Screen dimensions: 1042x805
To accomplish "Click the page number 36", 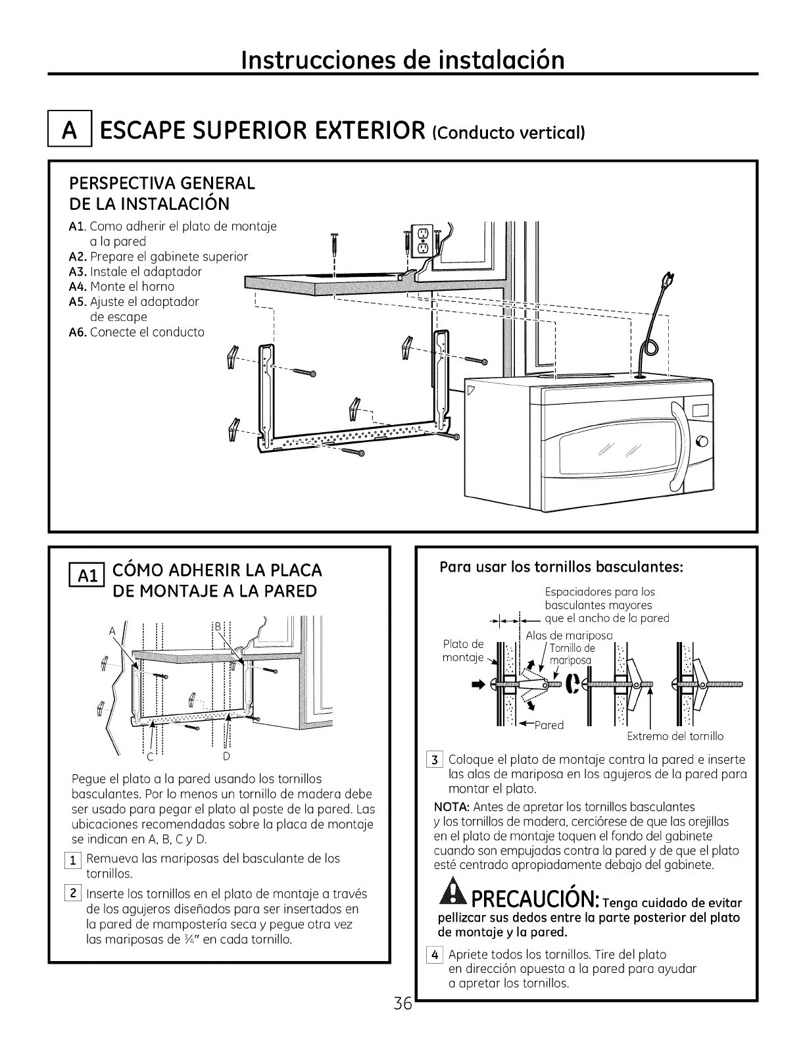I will pyautogui.click(x=402, y=1022).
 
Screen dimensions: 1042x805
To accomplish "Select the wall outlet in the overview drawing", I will pyautogui.click(x=420, y=241).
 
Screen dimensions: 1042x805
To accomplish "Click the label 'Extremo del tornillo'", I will pyautogui.click(x=675, y=736).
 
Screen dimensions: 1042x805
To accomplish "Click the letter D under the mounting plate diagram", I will pyautogui.click(x=226, y=755).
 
